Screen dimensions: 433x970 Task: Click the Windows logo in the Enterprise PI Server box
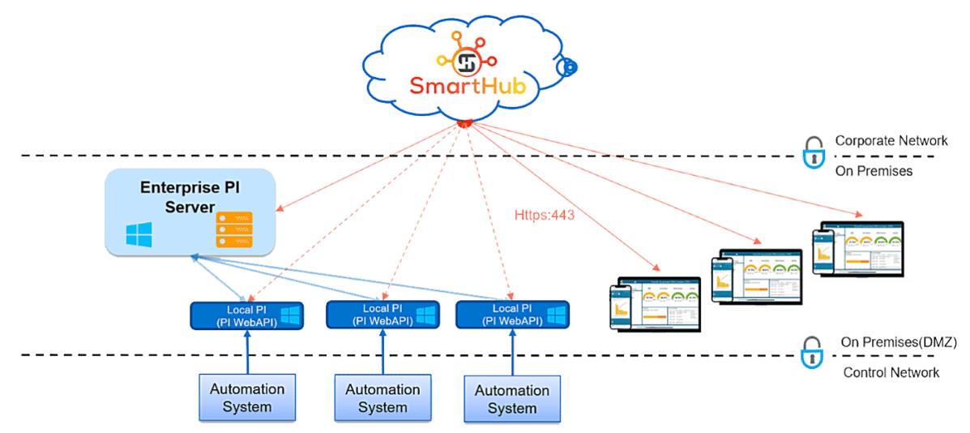(139, 235)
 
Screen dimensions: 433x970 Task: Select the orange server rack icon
(234, 229)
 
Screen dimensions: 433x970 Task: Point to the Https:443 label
(545, 216)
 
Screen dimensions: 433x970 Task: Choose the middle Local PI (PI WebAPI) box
(382, 315)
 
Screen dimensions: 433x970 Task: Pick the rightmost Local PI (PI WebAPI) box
(512, 315)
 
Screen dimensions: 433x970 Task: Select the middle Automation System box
(382, 398)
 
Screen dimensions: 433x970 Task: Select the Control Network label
(891, 373)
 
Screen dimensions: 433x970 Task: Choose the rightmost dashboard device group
(857, 250)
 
